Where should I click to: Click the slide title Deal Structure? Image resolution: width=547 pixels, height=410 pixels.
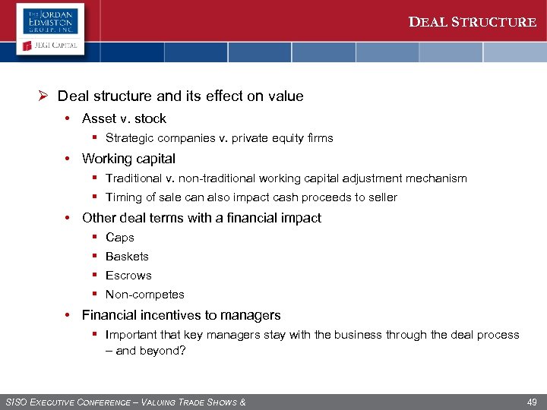point(473,22)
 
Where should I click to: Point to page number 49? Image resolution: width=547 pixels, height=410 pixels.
point(531,402)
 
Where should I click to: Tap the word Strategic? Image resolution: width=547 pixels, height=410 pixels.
point(130,138)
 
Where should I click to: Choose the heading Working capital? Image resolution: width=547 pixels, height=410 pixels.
point(128,159)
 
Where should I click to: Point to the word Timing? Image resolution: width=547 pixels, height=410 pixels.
point(124,197)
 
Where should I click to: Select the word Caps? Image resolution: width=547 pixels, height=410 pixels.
point(120,238)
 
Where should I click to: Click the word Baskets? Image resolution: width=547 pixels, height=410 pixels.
point(127,257)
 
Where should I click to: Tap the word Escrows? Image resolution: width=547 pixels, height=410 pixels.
point(128,276)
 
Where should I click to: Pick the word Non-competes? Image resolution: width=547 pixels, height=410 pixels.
point(144,295)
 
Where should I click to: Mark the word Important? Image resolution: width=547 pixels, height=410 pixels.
point(132,335)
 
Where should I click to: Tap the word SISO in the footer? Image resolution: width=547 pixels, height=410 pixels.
point(17,402)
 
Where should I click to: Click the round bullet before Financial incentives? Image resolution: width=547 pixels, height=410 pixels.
point(68,315)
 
